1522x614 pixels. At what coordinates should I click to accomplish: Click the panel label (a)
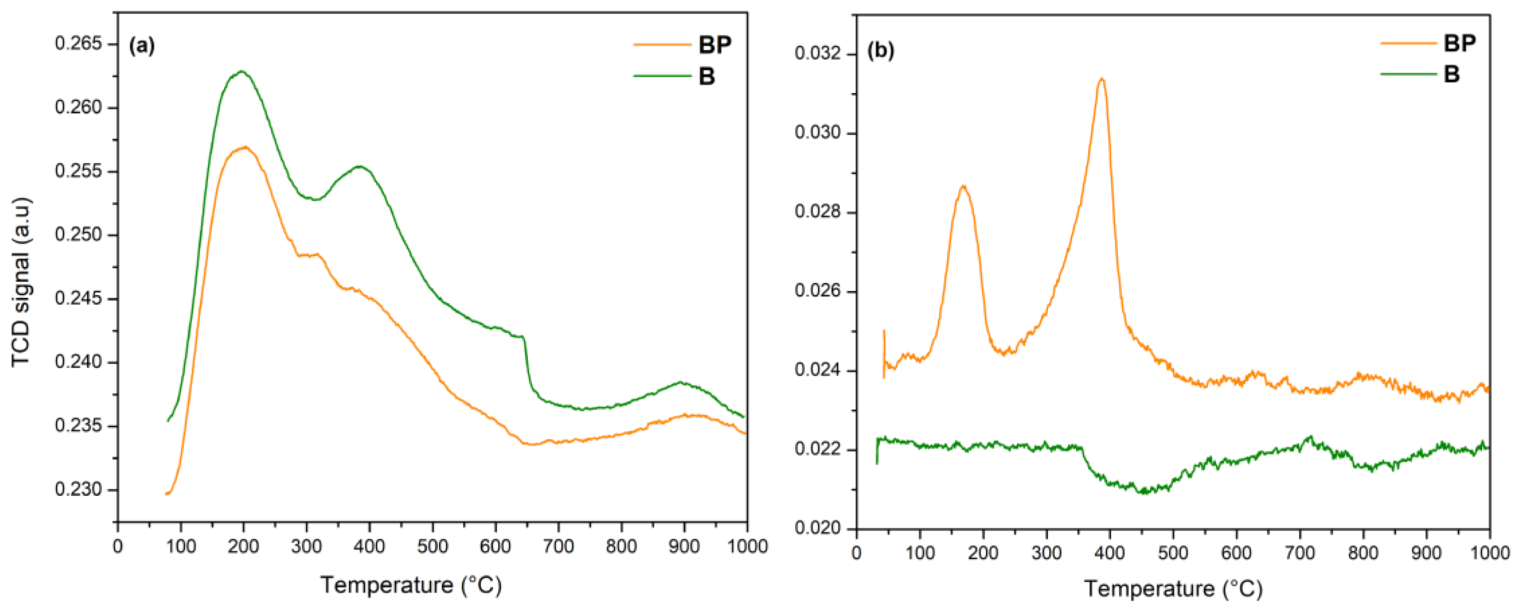pyautogui.click(x=142, y=46)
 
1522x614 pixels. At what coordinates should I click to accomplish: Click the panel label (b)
pyautogui.click(x=881, y=50)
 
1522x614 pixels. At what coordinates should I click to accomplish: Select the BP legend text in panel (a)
pyautogui.click(x=714, y=45)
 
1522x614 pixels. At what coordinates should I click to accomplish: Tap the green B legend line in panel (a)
pyautogui.click(x=662, y=76)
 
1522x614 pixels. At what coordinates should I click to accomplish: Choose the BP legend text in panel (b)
pyautogui.click(x=1459, y=43)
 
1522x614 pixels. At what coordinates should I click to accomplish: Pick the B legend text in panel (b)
pyautogui.click(x=1451, y=74)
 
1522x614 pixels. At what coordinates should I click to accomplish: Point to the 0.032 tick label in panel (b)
pyautogui.click(x=817, y=54)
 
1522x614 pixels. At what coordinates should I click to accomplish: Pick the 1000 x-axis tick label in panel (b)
pyautogui.click(x=1489, y=553)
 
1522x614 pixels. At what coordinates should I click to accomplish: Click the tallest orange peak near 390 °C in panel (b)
pyautogui.click(x=1101, y=79)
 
